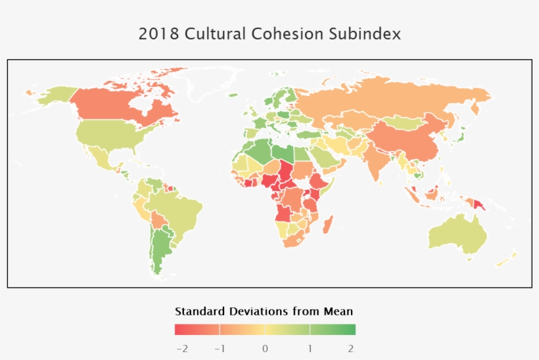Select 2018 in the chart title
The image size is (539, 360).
click(158, 34)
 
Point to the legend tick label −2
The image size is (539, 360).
click(182, 348)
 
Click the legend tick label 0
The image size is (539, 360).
click(265, 348)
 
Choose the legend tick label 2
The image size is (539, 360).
click(351, 348)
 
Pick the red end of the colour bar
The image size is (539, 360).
click(179, 330)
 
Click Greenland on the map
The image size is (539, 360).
click(210, 82)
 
